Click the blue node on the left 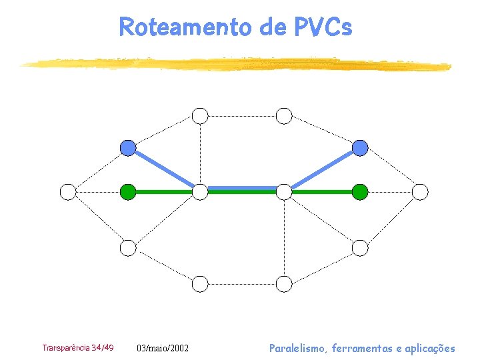(x=128, y=148)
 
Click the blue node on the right (x=360, y=148)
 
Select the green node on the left (x=128, y=192)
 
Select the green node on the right (x=360, y=192)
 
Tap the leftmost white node (x=68, y=192)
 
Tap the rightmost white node (x=420, y=192)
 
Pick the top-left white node (x=200, y=116)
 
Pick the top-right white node (x=285, y=116)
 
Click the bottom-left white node (x=200, y=284)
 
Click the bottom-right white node (x=285, y=284)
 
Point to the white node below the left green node (x=128, y=248)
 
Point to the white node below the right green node (x=360, y=248)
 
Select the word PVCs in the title (x=322, y=27)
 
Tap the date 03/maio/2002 (x=163, y=348)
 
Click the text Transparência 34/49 (x=78, y=348)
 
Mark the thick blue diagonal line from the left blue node (x=164, y=170)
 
